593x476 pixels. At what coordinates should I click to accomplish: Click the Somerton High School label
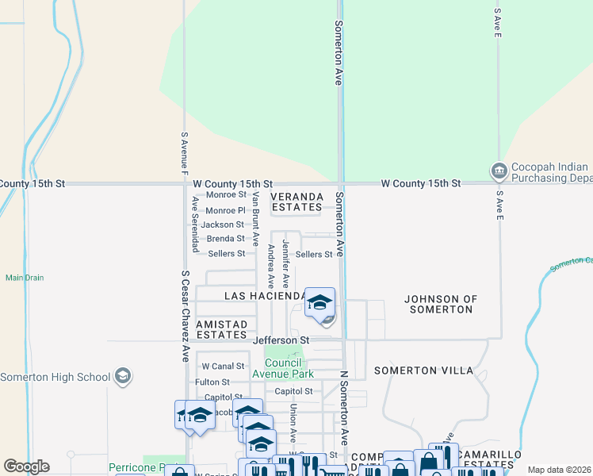coord(55,376)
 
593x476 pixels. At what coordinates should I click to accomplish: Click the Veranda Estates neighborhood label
coord(297,202)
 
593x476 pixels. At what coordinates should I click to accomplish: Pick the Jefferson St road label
coord(281,340)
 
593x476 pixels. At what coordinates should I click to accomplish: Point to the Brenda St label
coord(225,239)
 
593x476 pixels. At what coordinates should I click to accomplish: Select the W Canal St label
coord(223,367)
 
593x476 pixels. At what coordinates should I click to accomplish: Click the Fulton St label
coord(212,382)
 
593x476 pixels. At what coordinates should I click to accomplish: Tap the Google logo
coord(26,466)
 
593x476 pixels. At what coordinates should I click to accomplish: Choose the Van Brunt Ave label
coord(255,219)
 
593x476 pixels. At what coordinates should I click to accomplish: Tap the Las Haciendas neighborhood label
coord(265,296)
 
